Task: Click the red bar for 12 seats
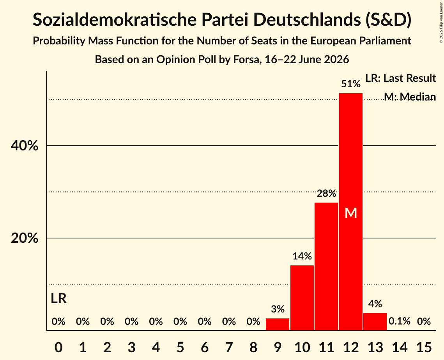(x=351, y=212)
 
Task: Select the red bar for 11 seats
(x=326, y=266)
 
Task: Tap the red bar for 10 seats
(x=302, y=298)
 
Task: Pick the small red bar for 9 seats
(x=278, y=324)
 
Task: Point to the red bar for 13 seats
(x=375, y=321)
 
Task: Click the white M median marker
(x=351, y=213)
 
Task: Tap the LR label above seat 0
(x=58, y=298)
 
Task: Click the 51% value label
(x=351, y=84)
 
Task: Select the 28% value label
(x=326, y=194)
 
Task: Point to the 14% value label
(x=302, y=256)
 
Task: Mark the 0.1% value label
(x=400, y=321)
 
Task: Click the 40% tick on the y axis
(x=24, y=146)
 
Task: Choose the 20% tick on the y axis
(x=24, y=238)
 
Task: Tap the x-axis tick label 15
(x=424, y=347)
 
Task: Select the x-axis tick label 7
(x=229, y=347)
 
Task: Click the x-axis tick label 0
(x=58, y=347)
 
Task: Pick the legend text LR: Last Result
(x=400, y=78)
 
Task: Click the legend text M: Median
(x=410, y=97)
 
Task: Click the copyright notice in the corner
(x=441, y=22)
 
